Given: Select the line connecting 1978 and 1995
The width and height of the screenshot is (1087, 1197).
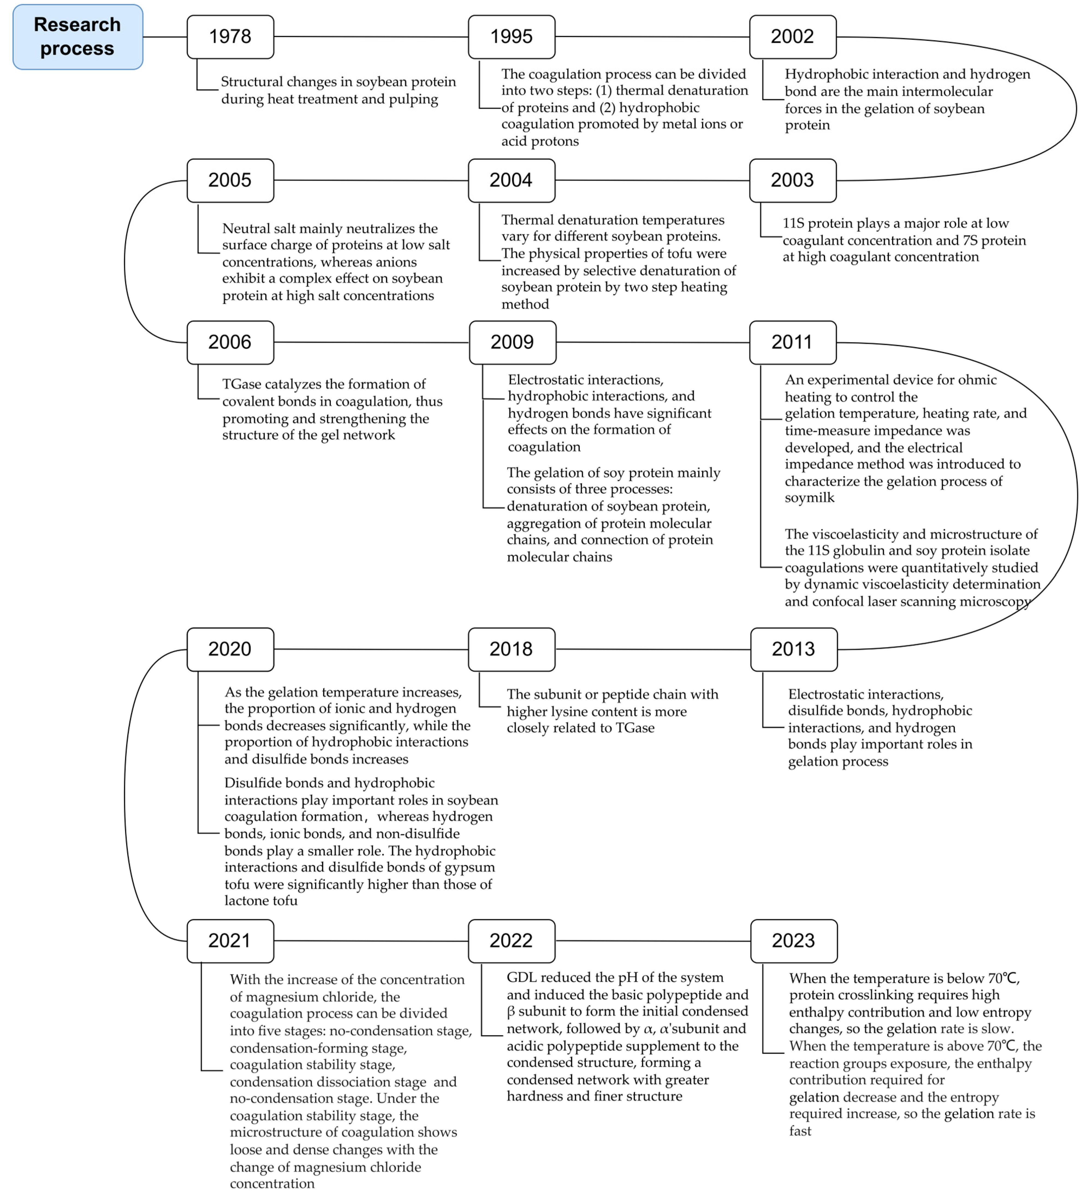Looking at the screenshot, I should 371,37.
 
